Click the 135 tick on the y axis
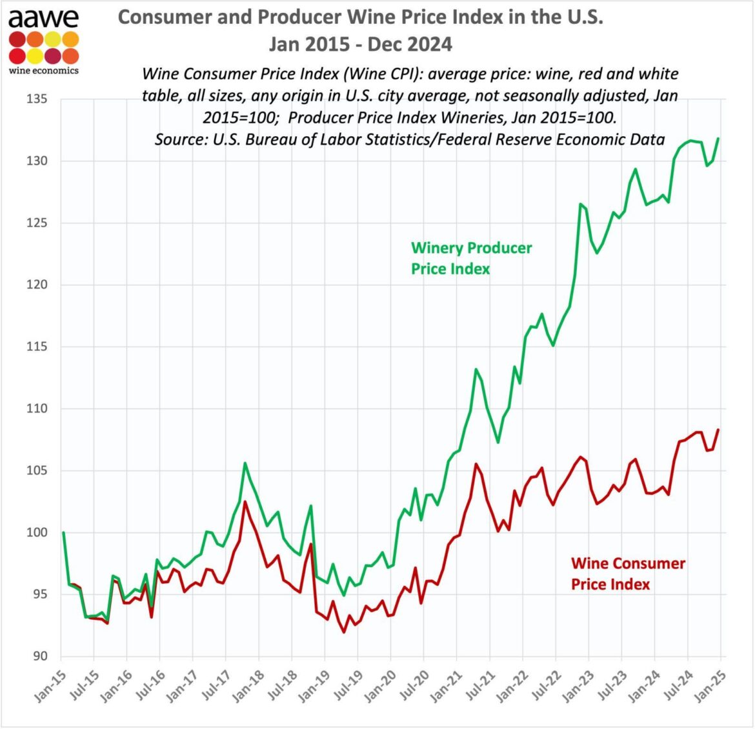(38, 99)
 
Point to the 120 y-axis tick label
(38, 285)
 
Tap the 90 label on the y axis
(41, 656)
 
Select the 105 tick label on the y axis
(38, 470)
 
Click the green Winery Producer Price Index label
(471, 258)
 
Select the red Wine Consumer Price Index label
(627, 574)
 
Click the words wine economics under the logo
(44, 70)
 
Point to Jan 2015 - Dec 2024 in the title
(360, 44)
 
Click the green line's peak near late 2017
(245, 463)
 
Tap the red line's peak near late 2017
(245, 501)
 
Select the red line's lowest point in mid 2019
(344, 632)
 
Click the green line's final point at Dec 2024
(718, 139)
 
